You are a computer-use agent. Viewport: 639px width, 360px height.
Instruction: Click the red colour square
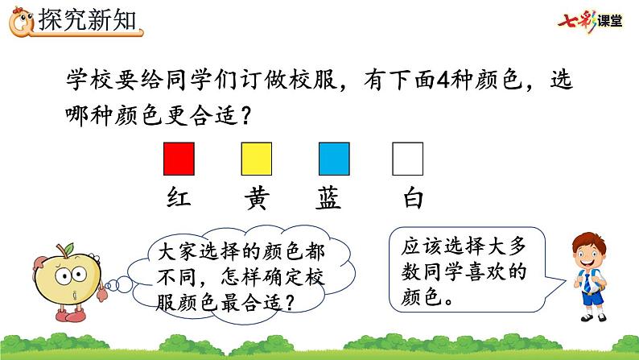click(179, 159)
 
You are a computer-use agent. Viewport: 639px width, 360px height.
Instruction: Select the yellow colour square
click(257, 159)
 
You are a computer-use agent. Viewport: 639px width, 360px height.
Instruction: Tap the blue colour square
click(334, 159)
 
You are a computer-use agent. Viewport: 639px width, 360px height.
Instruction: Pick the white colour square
click(407, 159)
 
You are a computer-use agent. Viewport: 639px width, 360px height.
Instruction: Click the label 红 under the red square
click(179, 198)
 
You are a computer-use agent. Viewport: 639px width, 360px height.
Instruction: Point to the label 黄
click(257, 198)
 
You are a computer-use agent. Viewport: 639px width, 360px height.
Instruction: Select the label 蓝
click(328, 198)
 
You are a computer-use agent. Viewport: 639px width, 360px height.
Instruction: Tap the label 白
click(413, 198)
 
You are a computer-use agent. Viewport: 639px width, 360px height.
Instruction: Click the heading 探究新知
click(87, 19)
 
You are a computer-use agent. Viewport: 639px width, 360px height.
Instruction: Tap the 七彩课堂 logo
click(590, 20)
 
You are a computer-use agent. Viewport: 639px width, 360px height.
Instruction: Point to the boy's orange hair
click(590, 242)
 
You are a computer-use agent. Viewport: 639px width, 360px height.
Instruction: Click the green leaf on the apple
click(68, 248)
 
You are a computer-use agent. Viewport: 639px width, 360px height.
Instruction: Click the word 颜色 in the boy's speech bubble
click(422, 296)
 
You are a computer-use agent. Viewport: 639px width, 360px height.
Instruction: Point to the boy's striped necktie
click(587, 282)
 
